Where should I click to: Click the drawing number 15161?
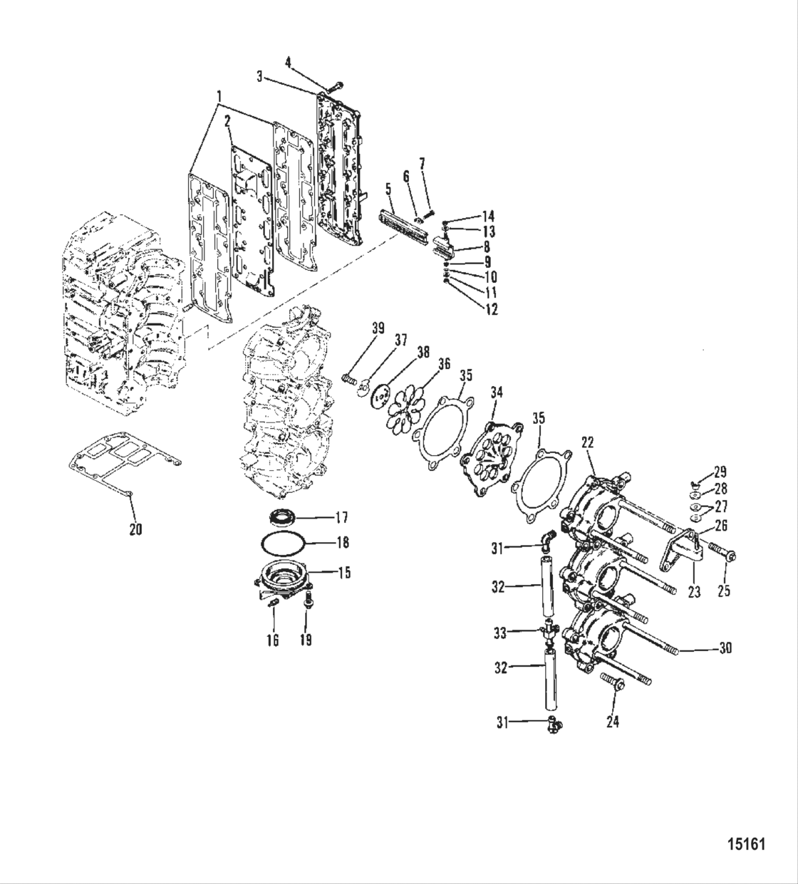point(746,845)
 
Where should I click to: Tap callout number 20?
point(135,529)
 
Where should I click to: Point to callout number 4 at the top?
point(288,62)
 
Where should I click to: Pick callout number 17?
point(342,517)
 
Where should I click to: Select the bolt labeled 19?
point(308,604)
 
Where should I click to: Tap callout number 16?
point(273,640)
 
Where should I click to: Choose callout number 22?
point(587,442)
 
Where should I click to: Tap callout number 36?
point(445,363)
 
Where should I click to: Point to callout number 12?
point(491,308)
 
